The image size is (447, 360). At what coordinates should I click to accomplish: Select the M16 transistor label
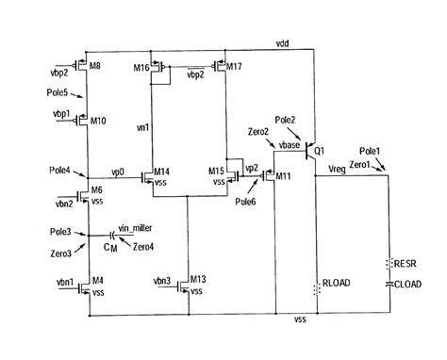tap(141, 68)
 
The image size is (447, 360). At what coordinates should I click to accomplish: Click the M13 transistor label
tap(197, 280)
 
